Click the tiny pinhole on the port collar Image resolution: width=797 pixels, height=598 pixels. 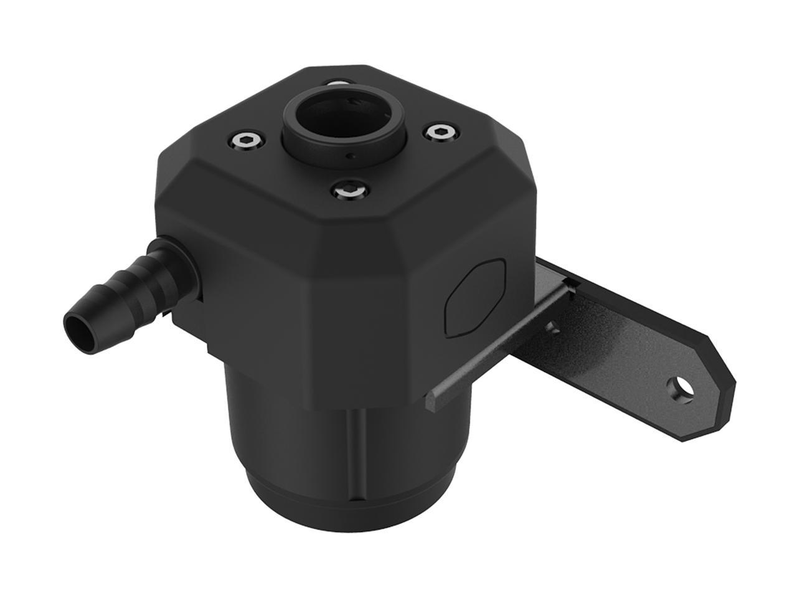(351, 156)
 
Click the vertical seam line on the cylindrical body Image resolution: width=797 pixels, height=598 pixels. (359, 455)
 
